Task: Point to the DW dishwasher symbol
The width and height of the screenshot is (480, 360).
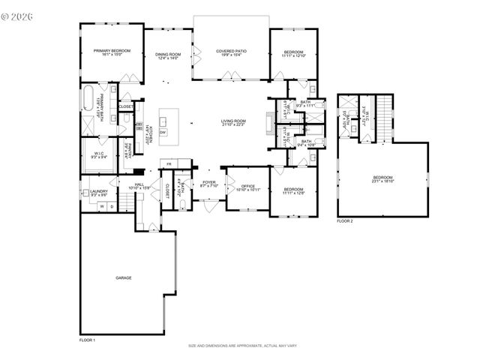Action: pos(162,133)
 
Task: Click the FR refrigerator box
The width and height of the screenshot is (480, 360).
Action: pos(169,163)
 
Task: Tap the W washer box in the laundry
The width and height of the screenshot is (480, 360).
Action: pos(101,206)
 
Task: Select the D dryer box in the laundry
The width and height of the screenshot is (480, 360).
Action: pos(112,206)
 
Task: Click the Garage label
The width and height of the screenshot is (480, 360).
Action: pos(124,278)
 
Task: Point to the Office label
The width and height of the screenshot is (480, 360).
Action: pos(248,187)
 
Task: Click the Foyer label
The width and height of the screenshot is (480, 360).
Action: pos(208,183)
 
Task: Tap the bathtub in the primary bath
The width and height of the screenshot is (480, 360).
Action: pos(88,99)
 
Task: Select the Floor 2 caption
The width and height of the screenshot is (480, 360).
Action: pos(344,221)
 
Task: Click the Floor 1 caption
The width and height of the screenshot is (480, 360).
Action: pos(87,340)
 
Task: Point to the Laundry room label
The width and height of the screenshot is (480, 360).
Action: pos(99,192)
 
